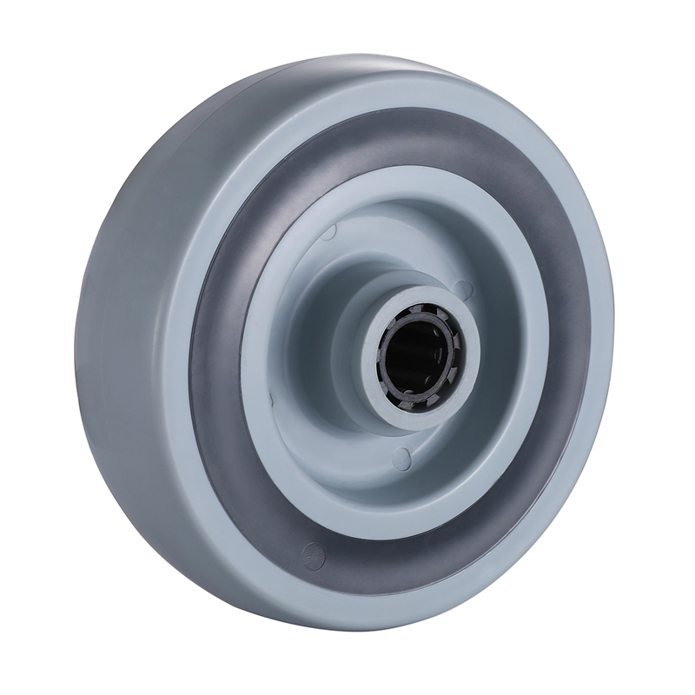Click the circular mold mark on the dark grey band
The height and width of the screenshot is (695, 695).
point(310,553)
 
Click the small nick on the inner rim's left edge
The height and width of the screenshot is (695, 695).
point(270,399)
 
